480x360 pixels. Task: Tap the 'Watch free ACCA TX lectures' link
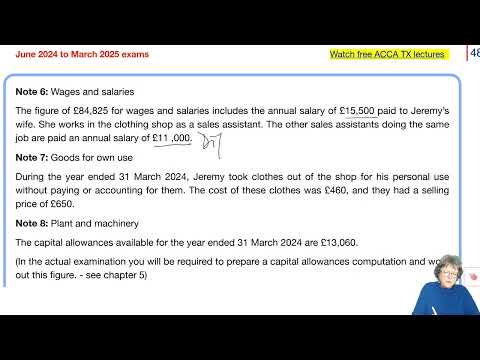pos(386,54)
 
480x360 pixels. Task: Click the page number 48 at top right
pos(472,54)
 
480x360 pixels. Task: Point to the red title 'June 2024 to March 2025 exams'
pos(82,54)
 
